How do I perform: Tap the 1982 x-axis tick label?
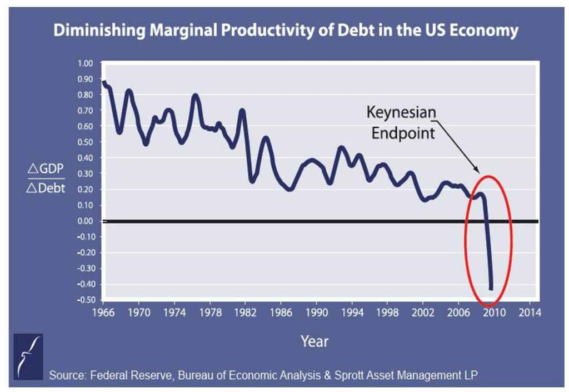246,312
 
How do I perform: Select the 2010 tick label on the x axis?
494,312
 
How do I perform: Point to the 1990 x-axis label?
316,312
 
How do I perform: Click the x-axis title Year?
315,341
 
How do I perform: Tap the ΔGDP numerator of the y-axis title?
46,170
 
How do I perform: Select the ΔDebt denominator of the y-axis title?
46,188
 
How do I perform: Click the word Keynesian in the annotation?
401,112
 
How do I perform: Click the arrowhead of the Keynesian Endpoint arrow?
477,171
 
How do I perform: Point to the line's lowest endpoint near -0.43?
491,287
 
